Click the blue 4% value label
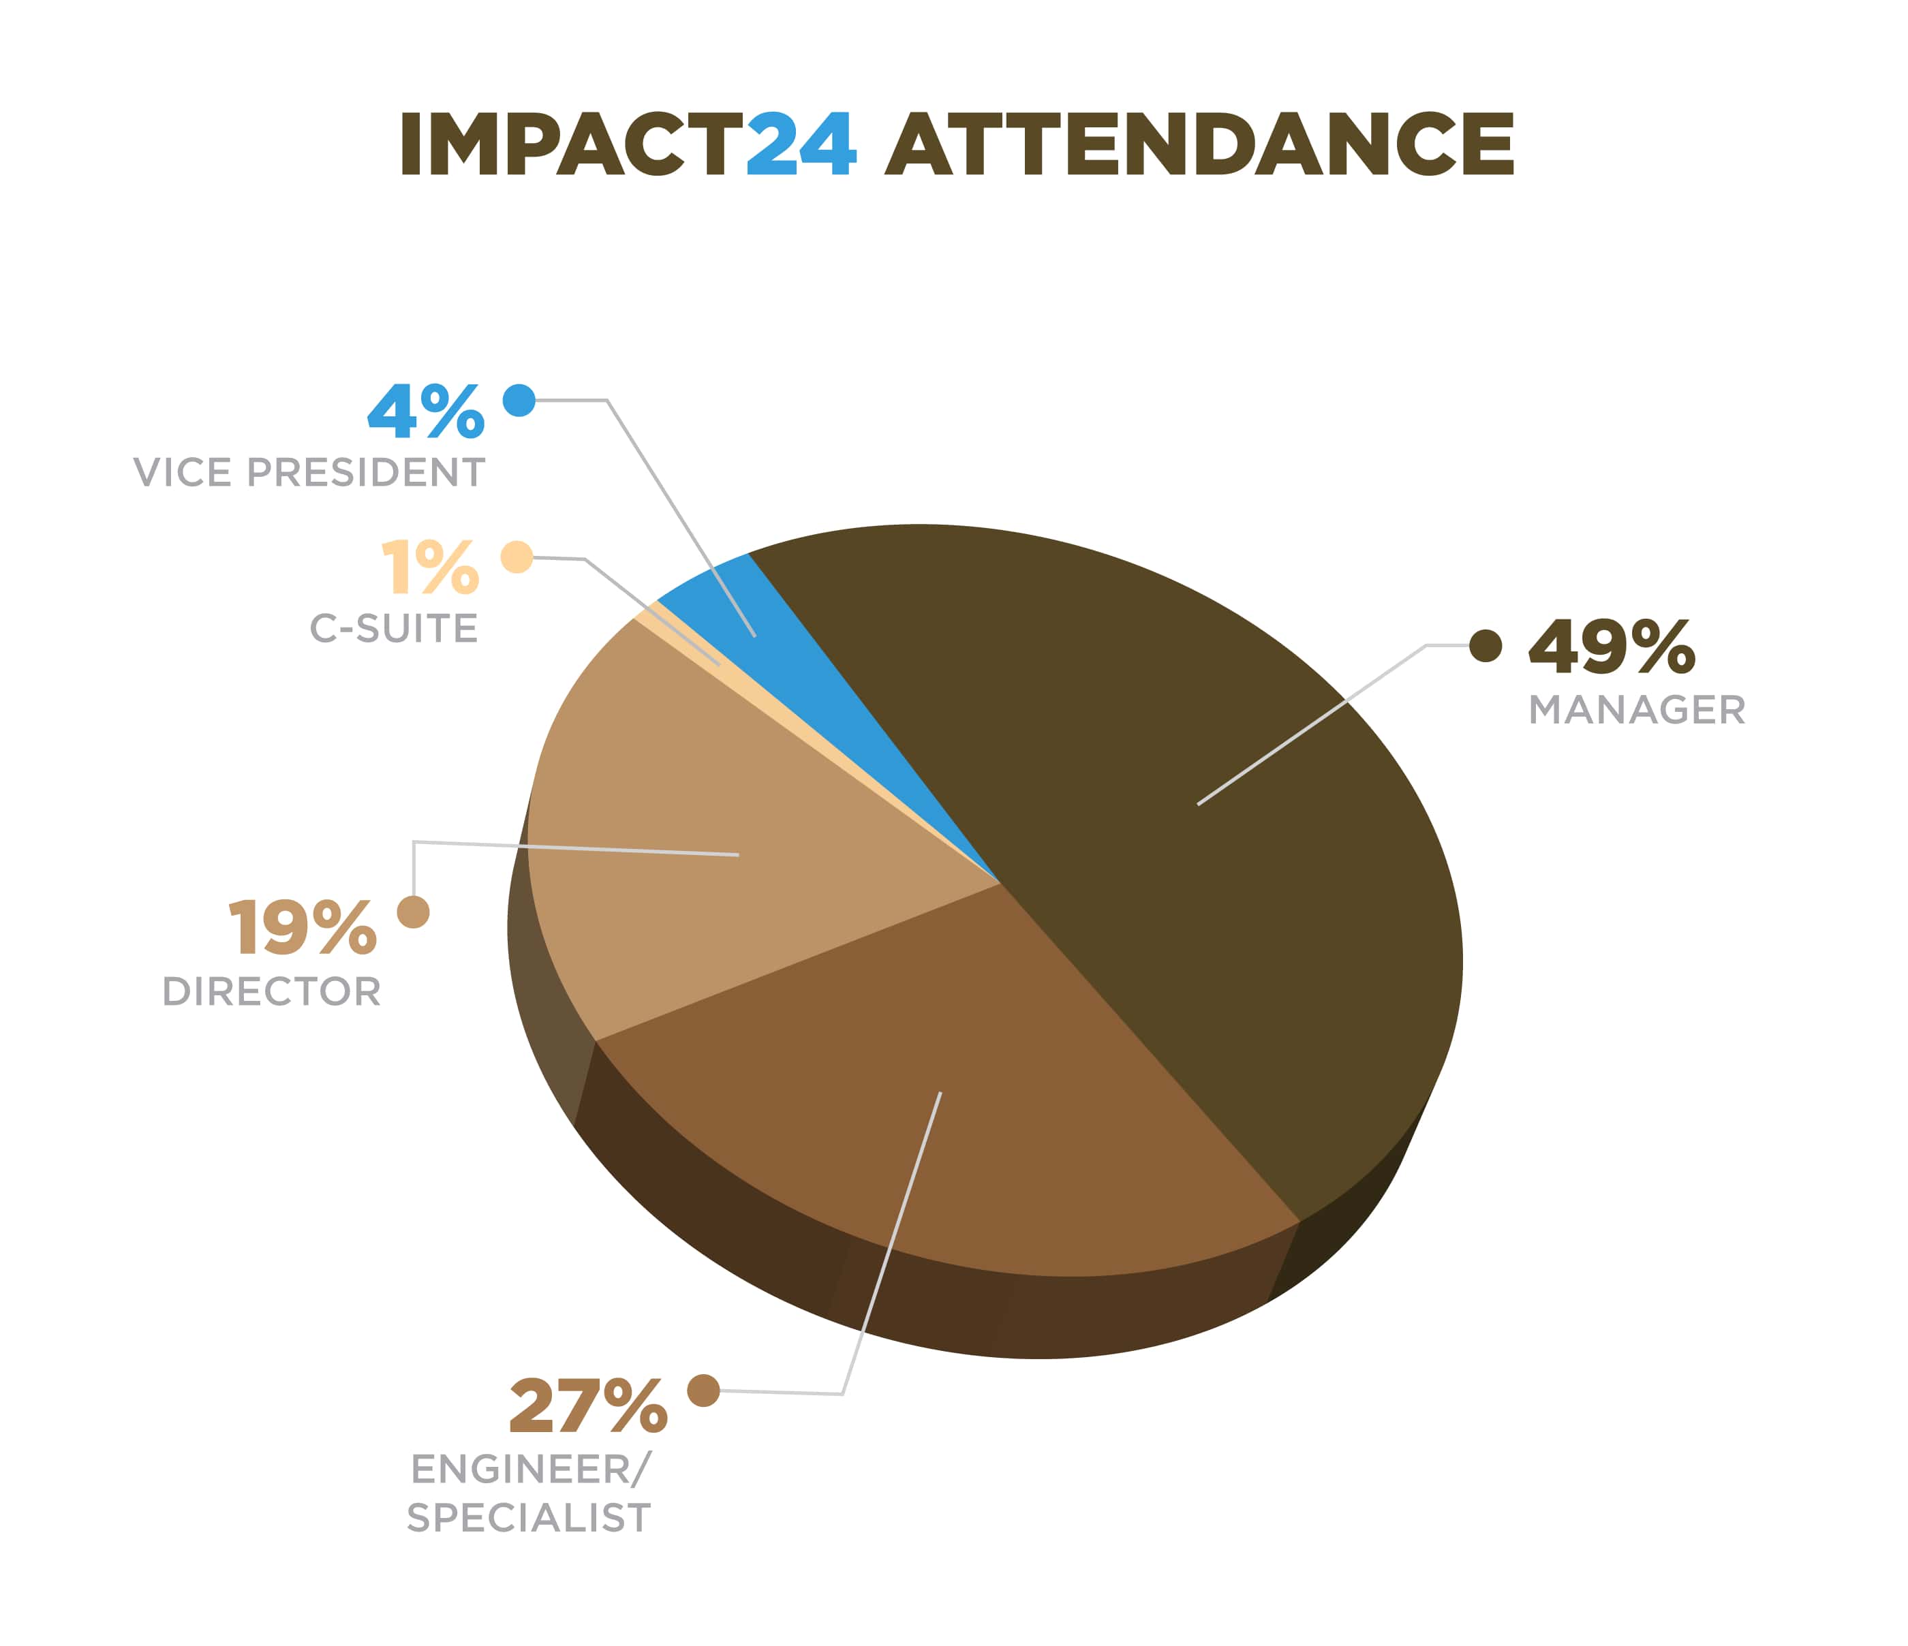[425, 411]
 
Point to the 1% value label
[430, 568]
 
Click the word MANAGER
[1636, 711]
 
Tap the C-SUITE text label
[394, 629]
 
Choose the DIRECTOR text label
[272, 991]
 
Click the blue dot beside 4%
[519, 401]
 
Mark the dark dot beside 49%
[1486, 647]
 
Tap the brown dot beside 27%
[703, 1390]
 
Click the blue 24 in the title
[800, 144]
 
